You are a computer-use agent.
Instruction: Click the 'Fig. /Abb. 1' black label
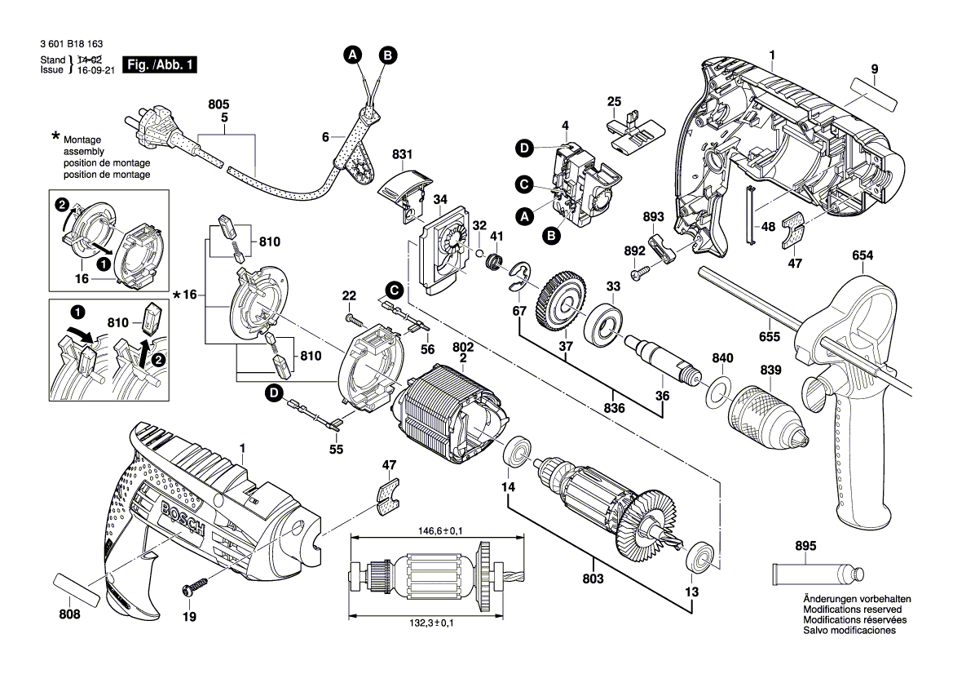160,64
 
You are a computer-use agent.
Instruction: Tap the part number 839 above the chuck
770,370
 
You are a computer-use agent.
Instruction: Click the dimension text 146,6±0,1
435,531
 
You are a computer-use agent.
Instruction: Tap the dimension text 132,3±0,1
435,623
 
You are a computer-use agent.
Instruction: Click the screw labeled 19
196,585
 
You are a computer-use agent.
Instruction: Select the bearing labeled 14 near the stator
517,451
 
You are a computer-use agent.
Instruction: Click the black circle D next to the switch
525,148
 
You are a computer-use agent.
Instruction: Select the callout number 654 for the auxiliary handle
863,256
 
